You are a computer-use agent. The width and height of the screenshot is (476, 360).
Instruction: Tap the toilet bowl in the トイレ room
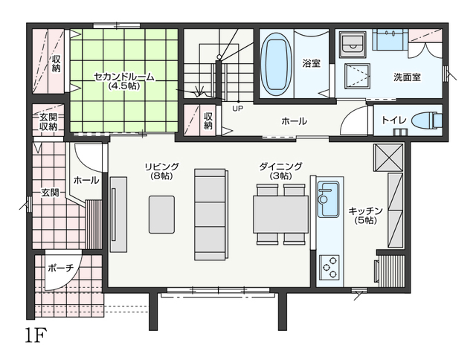click(427, 120)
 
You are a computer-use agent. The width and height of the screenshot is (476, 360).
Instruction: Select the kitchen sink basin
click(328, 199)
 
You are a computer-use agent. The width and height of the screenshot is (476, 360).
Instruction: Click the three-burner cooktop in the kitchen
click(329, 267)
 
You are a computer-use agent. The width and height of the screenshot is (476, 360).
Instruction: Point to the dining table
click(281, 215)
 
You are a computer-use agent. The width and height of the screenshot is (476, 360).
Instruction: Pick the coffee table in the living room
click(161, 215)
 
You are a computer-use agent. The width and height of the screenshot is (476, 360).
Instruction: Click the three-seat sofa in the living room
click(211, 215)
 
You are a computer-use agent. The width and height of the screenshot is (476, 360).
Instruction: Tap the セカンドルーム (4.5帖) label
click(124, 81)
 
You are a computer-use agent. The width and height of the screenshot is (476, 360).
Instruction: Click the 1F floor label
click(36, 335)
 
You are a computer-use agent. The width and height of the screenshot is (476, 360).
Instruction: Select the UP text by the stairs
click(238, 108)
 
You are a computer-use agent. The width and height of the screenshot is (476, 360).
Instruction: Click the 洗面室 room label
click(407, 77)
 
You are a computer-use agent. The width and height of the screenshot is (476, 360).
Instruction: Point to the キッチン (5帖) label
click(365, 216)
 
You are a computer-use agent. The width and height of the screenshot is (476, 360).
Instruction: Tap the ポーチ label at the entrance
click(61, 268)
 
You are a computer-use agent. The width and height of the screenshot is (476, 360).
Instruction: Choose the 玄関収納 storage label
click(48, 122)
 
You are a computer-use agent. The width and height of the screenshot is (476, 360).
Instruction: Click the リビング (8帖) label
click(161, 171)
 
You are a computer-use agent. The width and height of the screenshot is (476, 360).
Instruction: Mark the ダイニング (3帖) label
click(281, 171)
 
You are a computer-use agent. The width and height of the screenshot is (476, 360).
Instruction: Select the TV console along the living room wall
click(118, 215)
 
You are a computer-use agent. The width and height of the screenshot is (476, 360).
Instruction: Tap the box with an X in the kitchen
click(388, 158)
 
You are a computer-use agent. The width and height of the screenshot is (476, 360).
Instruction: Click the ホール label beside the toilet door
click(295, 121)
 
